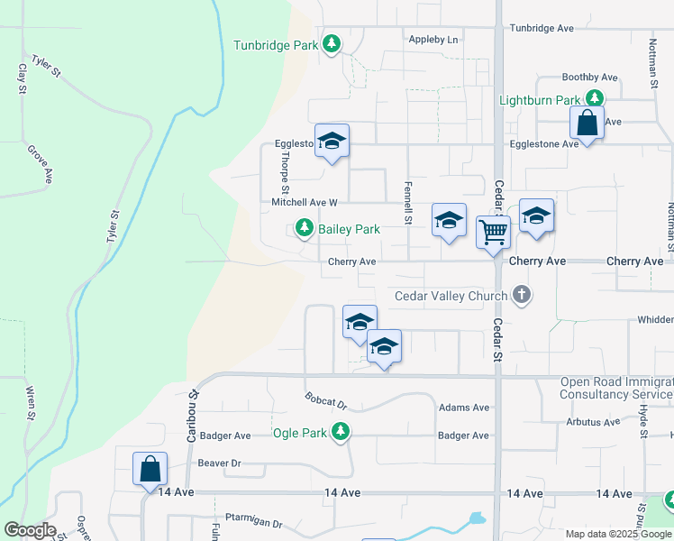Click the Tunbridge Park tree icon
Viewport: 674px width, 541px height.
332,44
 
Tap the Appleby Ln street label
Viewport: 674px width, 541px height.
433,40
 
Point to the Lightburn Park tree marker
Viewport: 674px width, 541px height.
594,99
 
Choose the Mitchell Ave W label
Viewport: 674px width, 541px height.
305,203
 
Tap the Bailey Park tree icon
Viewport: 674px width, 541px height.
305,229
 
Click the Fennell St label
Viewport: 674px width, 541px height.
408,214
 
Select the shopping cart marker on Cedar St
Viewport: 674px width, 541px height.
493,233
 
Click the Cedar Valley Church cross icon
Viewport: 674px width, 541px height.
521,295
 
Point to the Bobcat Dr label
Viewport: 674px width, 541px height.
326,400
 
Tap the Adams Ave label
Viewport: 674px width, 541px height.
463,408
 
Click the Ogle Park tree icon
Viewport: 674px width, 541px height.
340,433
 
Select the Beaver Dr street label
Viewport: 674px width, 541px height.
219,463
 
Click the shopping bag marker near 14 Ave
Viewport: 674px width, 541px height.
150,470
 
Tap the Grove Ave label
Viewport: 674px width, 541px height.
39,164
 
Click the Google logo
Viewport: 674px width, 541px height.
29,530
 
